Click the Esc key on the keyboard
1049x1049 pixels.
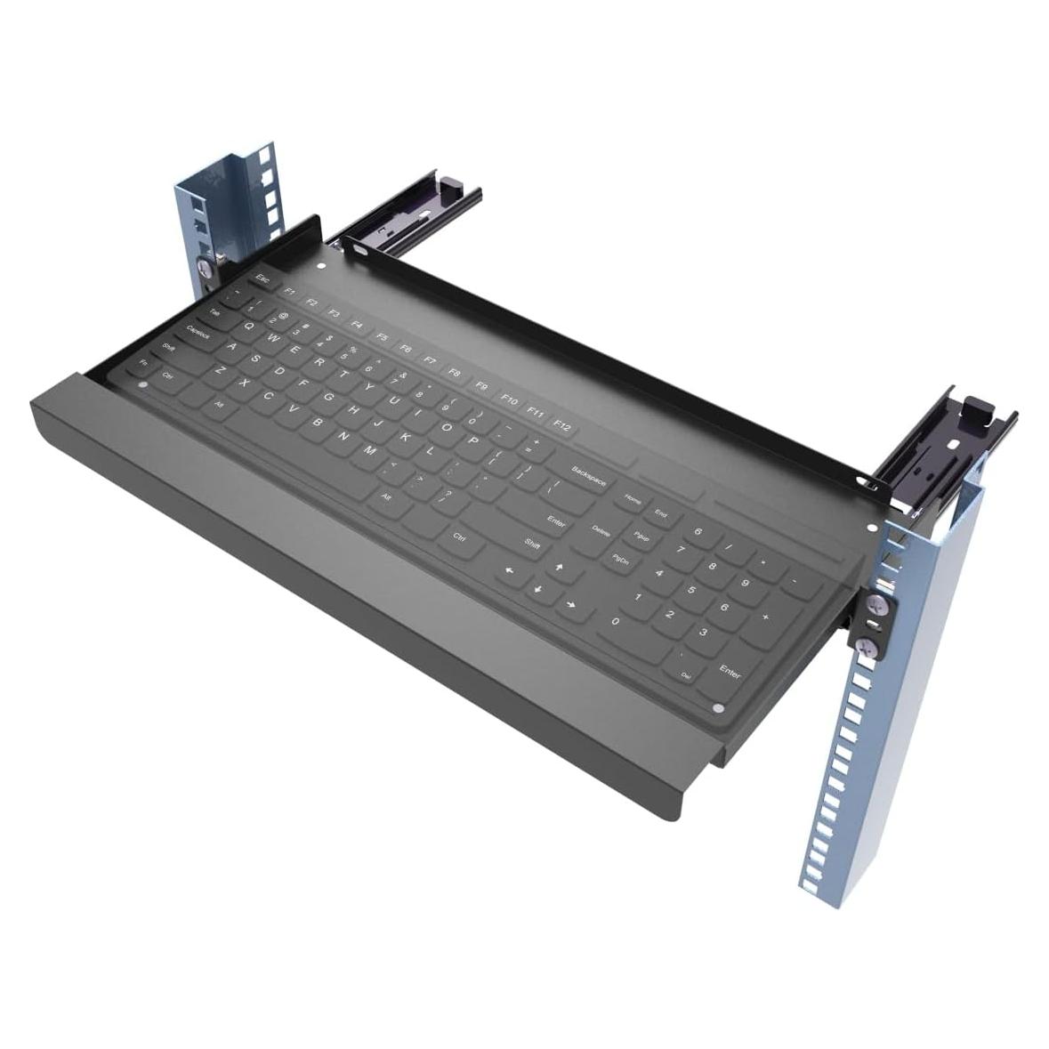point(262,278)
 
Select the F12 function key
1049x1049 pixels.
point(562,426)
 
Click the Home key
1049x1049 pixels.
point(633,500)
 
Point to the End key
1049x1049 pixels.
point(661,513)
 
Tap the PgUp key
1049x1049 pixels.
point(640,537)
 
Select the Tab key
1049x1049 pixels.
point(215,313)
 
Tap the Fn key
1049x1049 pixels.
point(144,363)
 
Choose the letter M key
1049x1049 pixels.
point(369,451)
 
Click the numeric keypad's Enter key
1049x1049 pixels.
point(730,674)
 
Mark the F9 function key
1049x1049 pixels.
point(481,385)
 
